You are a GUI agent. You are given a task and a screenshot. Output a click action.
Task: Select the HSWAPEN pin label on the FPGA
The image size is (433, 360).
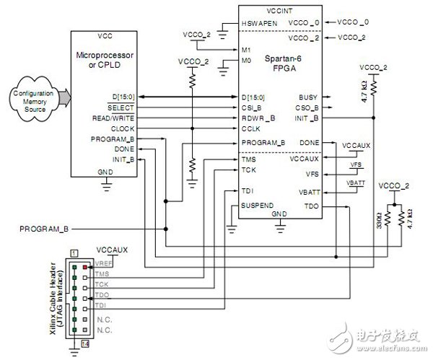(259, 23)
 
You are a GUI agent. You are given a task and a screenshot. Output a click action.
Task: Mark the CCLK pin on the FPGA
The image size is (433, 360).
(251, 129)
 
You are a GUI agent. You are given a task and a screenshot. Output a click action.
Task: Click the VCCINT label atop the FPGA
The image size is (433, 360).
(281, 12)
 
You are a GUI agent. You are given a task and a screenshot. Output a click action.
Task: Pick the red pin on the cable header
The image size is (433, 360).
(85, 266)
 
